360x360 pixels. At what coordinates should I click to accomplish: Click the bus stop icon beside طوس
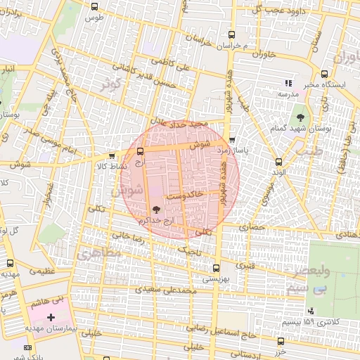pos(95,6)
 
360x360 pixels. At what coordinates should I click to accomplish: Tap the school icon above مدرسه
pos(288,83)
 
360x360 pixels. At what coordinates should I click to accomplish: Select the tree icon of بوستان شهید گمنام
pos(300,116)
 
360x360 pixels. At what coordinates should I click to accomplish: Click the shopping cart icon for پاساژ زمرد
pos(233,140)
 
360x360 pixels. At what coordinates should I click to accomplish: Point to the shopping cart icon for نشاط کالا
pos(112,156)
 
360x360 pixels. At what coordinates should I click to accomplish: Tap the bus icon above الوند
pos(279,162)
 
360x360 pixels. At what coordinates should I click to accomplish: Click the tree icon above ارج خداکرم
pos(156,209)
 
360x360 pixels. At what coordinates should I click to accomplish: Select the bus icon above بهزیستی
pos(215,267)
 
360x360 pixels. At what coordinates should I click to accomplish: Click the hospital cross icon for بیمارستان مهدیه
pos(50,317)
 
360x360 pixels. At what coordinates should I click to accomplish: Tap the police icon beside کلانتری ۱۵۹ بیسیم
pos(310,311)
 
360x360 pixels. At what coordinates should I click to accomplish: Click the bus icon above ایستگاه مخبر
pos(323,73)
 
